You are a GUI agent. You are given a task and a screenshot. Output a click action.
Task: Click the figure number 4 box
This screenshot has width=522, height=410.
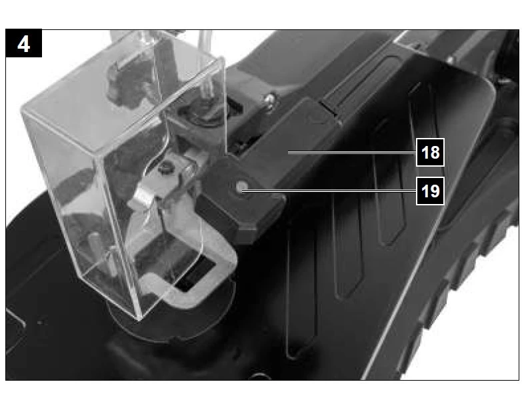pyautogui.click(x=23, y=43)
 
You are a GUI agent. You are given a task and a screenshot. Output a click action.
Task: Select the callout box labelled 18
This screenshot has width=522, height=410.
pyautogui.click(x=430, y=152)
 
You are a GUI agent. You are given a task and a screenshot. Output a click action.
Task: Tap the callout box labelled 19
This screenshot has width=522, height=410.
pyautogui.click(x=430, y=191)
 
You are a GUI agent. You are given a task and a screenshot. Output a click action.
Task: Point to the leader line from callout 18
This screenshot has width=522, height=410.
pyautogui.click(x=352, y=152)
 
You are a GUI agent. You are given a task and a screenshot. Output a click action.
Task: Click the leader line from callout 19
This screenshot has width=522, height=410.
pyautogui.click(x=329, y=191)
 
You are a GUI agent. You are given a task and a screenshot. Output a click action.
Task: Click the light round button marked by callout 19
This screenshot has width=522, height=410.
pyautogui.click(x=241, y=187)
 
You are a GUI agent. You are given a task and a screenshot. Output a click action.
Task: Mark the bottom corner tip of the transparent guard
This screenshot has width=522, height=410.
pyautogui.click(x=139, y=320)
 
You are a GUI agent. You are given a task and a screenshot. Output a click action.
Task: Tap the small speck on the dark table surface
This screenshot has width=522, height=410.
pyautogui.click(x=40, y=323)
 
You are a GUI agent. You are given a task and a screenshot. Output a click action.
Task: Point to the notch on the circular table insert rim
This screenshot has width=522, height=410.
pyautogui.click(x=175, y=339)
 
